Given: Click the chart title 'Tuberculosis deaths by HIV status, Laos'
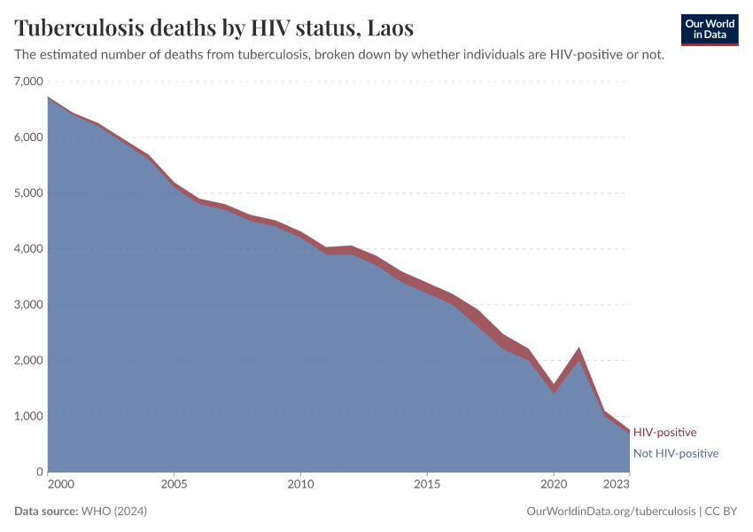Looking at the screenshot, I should [213, 28].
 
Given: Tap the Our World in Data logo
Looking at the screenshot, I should [709, 29].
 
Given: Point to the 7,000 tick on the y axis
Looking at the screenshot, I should [28, 82].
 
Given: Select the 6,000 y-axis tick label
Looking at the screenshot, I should [28, 137].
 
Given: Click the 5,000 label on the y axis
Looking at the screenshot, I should [28, 193].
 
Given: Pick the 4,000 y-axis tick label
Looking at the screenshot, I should [28, 249].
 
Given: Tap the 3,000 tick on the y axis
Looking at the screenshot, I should [28, 305].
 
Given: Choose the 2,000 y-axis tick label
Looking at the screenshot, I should [28, 361].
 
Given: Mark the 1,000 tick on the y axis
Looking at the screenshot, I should [28, 417].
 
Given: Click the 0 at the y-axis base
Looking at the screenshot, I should [39, 472].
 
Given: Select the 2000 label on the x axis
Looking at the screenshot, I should [61, 485].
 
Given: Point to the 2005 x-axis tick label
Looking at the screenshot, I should [175, 485].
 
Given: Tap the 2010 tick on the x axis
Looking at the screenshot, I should [300, 485].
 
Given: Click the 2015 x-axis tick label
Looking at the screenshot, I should [427, 485].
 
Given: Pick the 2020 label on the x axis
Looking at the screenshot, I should [554, 485].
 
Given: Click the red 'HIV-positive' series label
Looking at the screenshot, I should [664, 433].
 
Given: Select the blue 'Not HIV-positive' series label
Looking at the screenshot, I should [675, 453].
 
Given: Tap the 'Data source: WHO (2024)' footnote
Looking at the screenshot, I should [81, 512].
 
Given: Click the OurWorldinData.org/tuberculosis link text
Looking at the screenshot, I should [610, 512].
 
